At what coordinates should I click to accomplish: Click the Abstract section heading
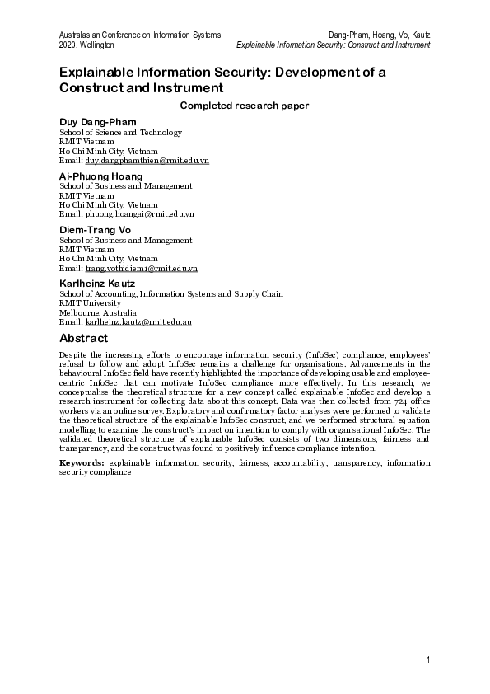[x=83, y=338]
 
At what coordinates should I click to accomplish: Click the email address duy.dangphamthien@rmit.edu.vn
[x=147, y=161]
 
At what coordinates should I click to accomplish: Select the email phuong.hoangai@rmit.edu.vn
[x=140, y=214]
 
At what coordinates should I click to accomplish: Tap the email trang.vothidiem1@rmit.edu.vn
[x=141, y=269]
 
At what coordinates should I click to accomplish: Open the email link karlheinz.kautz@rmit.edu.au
[x=138, y=322]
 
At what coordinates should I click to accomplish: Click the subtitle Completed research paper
[x=245, y=105]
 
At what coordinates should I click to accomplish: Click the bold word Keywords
[x=82, y=463]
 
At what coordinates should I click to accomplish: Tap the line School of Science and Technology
[x=120, y=132]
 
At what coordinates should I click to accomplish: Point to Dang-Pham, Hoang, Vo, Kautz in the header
[x=379, y=35]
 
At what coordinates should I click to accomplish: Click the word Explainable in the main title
[x=104, y=72]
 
